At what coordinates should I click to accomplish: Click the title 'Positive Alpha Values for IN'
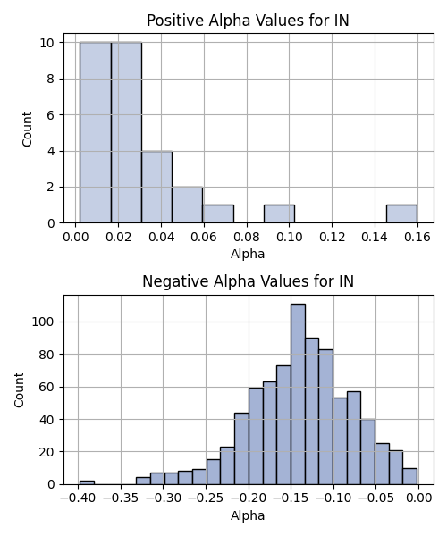pyautogui.click(x=248, y=21)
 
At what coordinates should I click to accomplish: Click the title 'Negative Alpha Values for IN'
pyautogui.click(x=248, y=281)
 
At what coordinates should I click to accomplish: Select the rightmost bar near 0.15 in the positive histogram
pyautogui.click(x=401, y=214)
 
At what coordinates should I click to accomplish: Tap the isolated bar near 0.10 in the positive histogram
pyautogui.click(x=279, y=214)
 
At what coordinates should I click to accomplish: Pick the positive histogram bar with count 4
pyautogui.click(x=157, y=187)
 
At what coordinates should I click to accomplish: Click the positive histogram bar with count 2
pyautogui.click(x=188, y=205)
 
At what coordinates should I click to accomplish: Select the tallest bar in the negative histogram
pyautogui.click(x=299, y=394)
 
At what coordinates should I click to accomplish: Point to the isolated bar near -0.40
pyautogui.click(x=87, y=482)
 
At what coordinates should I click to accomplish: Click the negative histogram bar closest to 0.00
pyautogui.click(x=409, y=476)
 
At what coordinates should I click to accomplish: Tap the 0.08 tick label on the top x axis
pyautogui.click(x=247, y=237)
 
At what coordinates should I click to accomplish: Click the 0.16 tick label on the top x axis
pyautogui.click(x=417, y=237)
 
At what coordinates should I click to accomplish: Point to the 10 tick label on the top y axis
pyautogui.click(x=47, y=43)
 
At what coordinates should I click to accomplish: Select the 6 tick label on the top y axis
pyautogui.click(x=51, y=115)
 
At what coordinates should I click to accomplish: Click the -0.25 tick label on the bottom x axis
pyautogui.click(x=206, y=498)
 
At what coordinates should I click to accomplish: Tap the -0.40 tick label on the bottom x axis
pyautogui.click(x=78, y=498)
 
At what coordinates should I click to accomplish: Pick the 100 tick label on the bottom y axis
pyautogui.click(x=43, y=322)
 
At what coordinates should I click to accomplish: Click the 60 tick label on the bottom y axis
pyautogui.click(x=46, y=387)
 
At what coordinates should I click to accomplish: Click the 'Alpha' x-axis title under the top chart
pyautogui.click(x=248, y=254)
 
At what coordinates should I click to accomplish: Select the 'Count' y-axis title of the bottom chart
pyautogui.click(x=19, y=389)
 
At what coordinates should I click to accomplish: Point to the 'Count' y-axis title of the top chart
pyautogui.click(x=27, y=129)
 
